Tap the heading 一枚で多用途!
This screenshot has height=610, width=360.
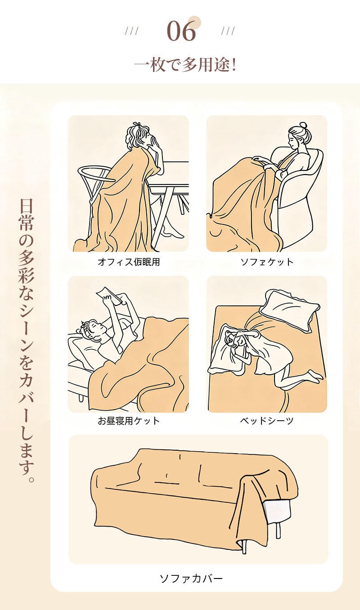tap(185, 65)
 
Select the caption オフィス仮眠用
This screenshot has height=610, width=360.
tap(129, 262)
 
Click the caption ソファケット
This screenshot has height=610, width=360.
tap(266, 262)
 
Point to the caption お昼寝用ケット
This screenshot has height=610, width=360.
tap(129, 421)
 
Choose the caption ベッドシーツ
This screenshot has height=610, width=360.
tap(266, 421)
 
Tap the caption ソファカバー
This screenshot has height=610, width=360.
tap(191, 578)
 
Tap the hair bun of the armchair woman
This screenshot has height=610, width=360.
tap(303, 125)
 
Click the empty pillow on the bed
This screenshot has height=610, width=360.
tap(290, 309)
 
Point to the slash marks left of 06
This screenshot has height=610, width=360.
tap(131, 31)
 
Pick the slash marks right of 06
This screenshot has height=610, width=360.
tap(228, 31)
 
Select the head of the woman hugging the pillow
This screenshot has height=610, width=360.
tap(234, 338)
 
